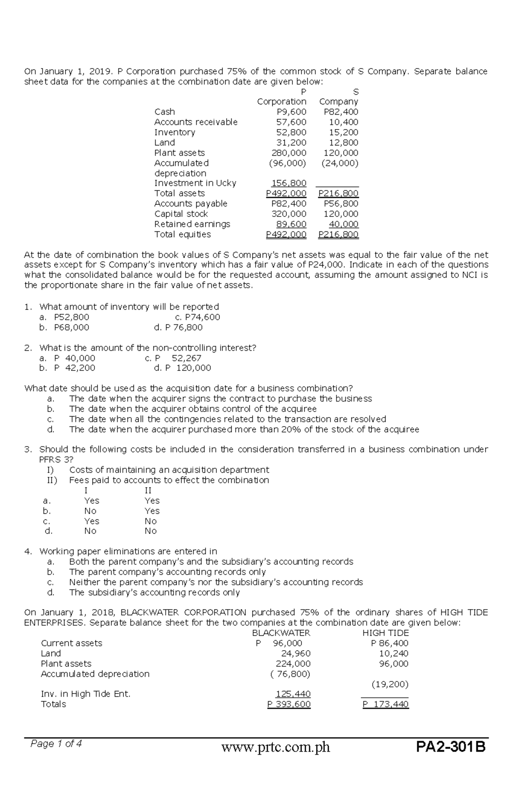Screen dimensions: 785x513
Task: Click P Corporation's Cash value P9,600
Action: pos(292,112)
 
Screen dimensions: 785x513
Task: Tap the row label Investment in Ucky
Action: pos(195,183)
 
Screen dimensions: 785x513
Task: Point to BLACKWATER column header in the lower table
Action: pos(281,633)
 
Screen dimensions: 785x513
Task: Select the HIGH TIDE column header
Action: pos(385,633)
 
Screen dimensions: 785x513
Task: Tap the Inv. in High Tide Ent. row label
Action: pos(85,694)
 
